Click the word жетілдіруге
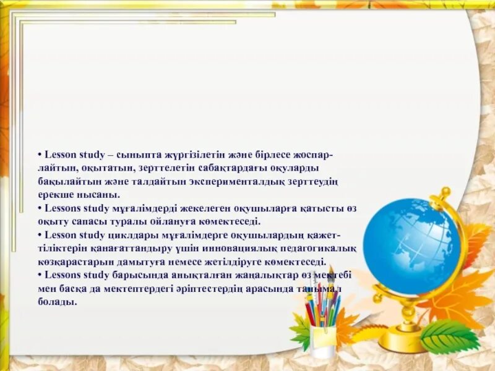tap(238, 262)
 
